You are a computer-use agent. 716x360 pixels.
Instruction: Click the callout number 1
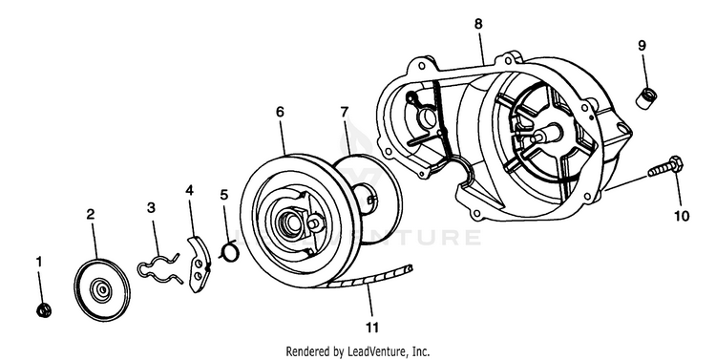click(39, 262)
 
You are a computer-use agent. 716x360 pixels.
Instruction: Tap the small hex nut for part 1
click(44, 310)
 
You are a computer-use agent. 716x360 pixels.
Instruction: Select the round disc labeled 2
click(102, 290)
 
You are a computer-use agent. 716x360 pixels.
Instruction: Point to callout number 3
click(151, 208)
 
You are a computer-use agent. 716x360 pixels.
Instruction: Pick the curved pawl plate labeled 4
click(200, 265)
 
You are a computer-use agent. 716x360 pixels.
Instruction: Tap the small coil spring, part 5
click(229, 252)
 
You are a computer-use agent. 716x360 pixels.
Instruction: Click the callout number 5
click(223, 195)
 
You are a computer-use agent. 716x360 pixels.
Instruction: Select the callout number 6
click(280, 112)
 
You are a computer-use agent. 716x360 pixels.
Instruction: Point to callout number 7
click(345, 112)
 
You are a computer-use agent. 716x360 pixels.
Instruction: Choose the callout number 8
click(478, 24)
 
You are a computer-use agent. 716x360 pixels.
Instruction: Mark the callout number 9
click(642, 46)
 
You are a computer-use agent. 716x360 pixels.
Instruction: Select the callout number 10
click(682, 216)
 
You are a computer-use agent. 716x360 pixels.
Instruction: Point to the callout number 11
click(371, 328)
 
